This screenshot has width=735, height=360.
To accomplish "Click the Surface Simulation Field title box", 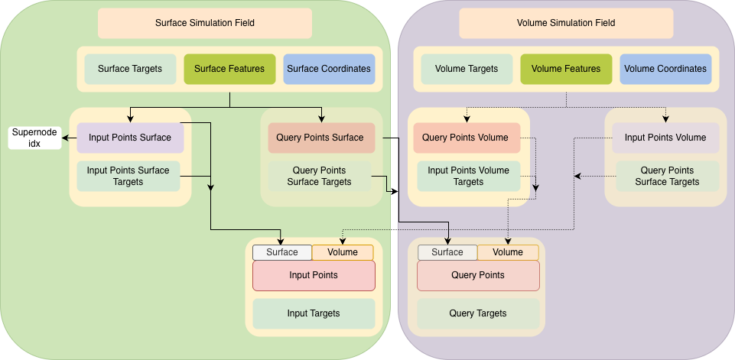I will tap(204, 23).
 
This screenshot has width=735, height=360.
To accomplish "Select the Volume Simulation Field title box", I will tap(565, 23).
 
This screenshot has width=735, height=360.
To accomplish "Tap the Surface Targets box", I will tap(129, 69).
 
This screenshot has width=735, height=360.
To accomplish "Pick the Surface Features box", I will tap(229, 69).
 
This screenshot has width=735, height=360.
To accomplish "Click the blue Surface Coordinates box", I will tap(328, 69).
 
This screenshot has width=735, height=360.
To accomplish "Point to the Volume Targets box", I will tap(466, 69).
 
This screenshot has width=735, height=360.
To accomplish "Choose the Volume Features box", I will tap(565, 69).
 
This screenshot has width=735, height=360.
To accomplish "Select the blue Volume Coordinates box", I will tap(665, 69).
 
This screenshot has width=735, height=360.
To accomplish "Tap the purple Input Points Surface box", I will tap(130, 138).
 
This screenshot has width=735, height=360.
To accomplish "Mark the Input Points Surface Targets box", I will tap(128, 176).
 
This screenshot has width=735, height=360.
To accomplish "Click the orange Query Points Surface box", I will tap(320, 138).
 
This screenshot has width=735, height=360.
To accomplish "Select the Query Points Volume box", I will tap(466, 138).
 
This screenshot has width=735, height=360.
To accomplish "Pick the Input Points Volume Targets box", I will tap(468, 176).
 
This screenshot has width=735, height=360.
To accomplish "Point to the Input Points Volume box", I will tap(665, 138).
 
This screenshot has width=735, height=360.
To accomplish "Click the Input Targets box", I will tap(314, 313).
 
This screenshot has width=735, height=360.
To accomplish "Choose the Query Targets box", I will tap(477, 313).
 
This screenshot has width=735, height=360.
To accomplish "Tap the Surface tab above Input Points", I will tap(281, 252).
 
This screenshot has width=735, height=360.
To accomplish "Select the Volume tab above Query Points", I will tap(507, 252).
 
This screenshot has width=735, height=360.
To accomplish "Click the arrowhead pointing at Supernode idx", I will tap(66, 138).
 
